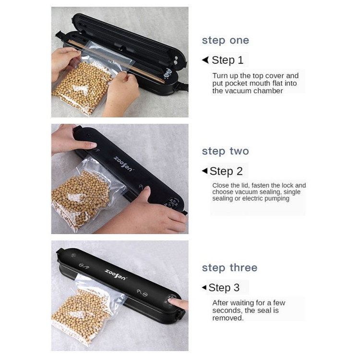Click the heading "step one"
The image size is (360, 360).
(226, 41)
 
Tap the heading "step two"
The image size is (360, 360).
(226, 151)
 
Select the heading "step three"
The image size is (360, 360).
(229, 268)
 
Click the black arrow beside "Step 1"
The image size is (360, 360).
(205, 60)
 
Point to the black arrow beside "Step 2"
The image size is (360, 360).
(204, 171)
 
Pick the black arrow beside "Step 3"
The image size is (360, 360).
(204, 288)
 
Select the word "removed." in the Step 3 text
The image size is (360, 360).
(228, 318)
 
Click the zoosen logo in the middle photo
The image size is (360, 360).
(123, 164)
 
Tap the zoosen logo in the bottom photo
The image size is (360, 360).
(115, 275)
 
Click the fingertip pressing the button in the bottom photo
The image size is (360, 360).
(173, 301)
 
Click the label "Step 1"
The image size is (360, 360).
(228, 60)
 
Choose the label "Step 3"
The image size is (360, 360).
(224, 288)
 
